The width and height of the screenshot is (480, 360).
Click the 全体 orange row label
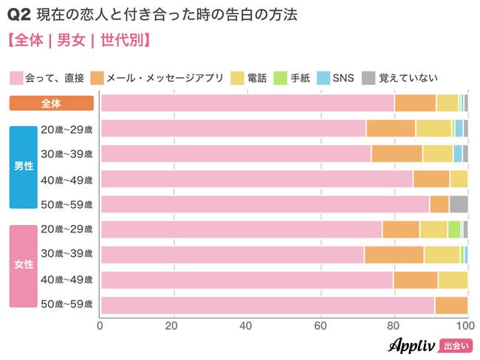point(51,103)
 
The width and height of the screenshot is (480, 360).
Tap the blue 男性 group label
point(24,167)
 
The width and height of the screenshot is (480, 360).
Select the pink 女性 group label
point(24,265)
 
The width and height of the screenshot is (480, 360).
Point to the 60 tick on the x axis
point(320,325)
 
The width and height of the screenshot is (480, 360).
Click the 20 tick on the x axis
point(174,325)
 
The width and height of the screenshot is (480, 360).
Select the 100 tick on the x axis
point(465,325)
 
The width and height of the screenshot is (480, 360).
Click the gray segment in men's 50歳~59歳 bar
point(459,204)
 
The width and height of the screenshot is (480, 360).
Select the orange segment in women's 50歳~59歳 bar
point(451,305)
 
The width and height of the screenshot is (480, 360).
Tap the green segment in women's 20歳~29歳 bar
point(454,229)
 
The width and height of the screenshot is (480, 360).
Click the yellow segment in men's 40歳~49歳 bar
point(459,179)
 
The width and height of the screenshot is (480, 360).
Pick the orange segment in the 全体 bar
point(415,103)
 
